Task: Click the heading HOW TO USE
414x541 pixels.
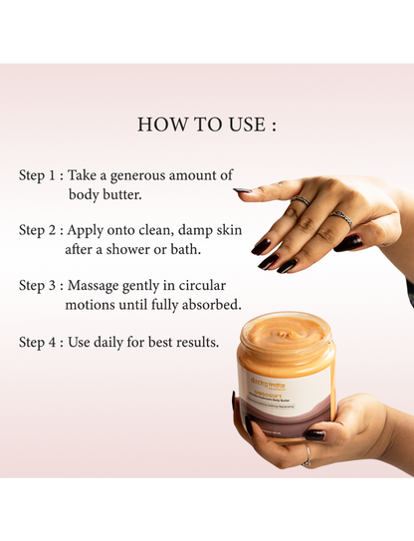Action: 207,125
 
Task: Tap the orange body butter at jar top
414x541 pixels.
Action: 285,333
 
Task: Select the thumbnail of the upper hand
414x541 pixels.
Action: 242,189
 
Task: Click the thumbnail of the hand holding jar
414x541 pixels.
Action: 314,434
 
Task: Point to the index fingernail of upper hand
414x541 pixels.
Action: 261,245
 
